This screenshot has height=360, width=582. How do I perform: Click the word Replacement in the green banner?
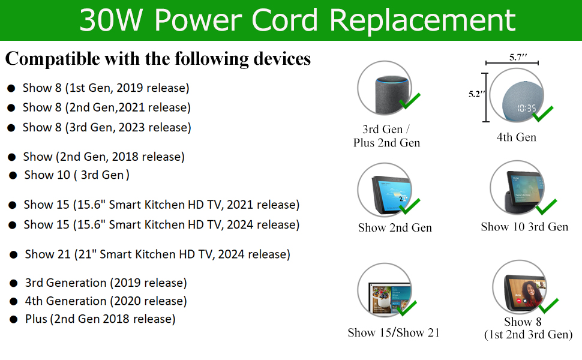point(422,21)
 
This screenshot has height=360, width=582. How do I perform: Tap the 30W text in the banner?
point(111,20)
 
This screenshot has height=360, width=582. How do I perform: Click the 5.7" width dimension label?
point(518,57)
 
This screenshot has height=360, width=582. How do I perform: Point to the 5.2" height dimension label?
point(476,94)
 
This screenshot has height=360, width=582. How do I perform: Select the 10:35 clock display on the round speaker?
point(527,108)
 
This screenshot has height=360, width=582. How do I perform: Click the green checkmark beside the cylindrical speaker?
point(409,101)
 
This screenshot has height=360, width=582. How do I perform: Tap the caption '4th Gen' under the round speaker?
point(517,137)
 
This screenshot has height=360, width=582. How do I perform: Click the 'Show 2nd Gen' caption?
point(395,227)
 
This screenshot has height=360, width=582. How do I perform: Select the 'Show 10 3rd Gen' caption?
point(524,227)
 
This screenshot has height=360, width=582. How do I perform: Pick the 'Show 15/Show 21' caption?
point(394,332)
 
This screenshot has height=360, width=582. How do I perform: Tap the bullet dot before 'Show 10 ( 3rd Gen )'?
point(13,175)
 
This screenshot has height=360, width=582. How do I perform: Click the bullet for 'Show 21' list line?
point(14,254)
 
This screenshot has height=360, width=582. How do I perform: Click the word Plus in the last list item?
point(36,319)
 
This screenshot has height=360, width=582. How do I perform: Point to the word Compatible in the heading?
point(53,59)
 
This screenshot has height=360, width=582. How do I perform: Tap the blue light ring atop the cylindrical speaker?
point(391,79)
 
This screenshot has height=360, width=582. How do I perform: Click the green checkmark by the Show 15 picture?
point(407,308)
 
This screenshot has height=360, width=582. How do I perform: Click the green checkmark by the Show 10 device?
point(547,207)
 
